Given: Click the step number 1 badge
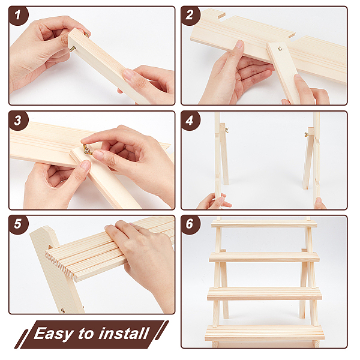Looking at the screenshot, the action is [x=19, y=16].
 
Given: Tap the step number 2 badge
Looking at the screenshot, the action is [x=190, y=16].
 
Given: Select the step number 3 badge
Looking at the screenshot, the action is [x=19, y=121].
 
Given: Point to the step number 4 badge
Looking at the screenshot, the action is [x=190, y=121].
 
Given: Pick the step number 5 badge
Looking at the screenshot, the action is [x=19, y=224].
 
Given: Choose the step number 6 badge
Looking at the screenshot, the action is [x=190, y=224].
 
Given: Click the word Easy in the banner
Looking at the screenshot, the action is [x=54, y=334].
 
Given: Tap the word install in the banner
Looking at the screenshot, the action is [x=124, y=333].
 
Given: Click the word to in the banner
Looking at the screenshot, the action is [x=86, y=334].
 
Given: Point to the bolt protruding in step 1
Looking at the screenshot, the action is [x=73, y=48].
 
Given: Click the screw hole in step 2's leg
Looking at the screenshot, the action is [x=280, y=49].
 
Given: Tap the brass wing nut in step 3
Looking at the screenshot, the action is [x=87, y=149].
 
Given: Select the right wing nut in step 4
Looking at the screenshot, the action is [x=307, y=134].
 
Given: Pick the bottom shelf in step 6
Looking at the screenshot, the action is [x=265, y=332].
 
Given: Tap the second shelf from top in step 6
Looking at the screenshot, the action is [x=264, y=257].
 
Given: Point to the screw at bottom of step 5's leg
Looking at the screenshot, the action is [x=62, y=311].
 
